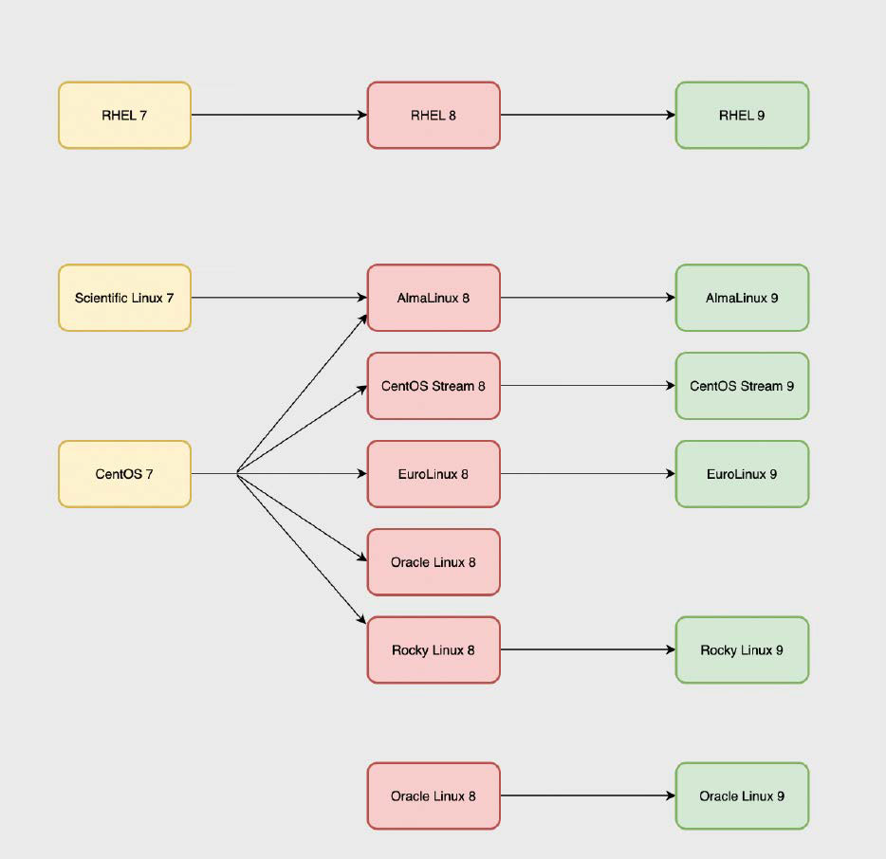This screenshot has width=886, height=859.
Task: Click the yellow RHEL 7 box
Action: [x=124, y=116]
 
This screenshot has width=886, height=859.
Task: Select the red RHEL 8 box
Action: [x=434, y=116]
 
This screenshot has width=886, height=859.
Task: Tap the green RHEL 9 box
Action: [x=742, y=116]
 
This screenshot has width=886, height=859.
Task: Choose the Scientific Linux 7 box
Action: [x=124, y=298]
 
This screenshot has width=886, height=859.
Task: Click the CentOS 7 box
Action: [x=124, y=474]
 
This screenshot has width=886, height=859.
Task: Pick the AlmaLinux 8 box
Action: [x=434, y=298]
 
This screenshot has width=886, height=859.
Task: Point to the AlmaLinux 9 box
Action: [x=742, y=298]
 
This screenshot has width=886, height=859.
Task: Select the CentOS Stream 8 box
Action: [x=434, y=386]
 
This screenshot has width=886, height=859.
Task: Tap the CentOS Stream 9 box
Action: [x=742, y=386]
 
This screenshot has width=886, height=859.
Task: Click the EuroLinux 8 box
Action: [x=434, y=474]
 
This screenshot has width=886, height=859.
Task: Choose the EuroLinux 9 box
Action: [x=742, y=474]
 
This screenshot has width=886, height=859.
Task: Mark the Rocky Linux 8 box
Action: [x=434, y=650]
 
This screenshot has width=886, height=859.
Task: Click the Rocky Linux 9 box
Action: [x=742, y=650]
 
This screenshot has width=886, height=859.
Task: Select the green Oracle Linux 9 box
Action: [x=742, y=796]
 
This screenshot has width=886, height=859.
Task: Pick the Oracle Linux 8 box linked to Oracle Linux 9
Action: [x=434, y=796]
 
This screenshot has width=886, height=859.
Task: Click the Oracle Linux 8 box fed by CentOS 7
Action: [x=434, y=562]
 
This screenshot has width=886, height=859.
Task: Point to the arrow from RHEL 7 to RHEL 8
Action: [x=279, y=116]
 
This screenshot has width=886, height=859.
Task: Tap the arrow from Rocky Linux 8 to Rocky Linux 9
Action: [x=587, y=650]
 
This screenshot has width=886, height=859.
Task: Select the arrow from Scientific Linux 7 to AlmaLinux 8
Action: [x=279, y=298]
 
